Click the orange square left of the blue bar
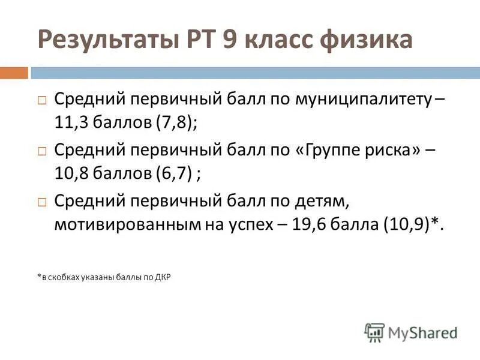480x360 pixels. [x=14, y=73]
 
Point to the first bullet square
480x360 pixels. [x=42, y=101]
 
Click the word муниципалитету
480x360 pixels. [x=362, y=100]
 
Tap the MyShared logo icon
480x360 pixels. [x=374, y=332]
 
